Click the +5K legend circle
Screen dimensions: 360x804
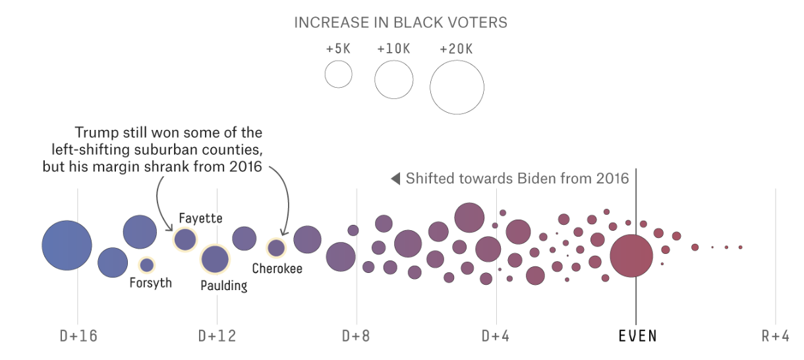(339, 74)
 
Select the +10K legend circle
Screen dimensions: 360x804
(393, 80)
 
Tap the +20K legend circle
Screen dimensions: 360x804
(457, 87)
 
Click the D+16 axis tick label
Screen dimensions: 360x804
(78, 336)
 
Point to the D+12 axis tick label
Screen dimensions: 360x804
(217, 336)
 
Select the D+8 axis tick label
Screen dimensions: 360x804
(357, 336)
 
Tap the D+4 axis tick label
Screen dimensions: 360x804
(496, 336)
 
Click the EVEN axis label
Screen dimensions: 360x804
(637, 336)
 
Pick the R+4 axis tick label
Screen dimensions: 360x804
(775, 336)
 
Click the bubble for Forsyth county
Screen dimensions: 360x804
(147, 265)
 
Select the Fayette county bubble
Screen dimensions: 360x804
(185, 239)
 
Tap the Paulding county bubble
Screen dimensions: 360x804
(214, 259)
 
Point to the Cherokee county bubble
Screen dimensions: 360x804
(275, 248)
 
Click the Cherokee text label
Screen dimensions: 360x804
(277, 269)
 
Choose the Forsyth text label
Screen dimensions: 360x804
(150, 284)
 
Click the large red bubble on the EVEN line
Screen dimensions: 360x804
(631, 256)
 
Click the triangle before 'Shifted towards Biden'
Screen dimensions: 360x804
(395, 179)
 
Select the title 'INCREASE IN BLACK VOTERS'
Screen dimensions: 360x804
(401, 22)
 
